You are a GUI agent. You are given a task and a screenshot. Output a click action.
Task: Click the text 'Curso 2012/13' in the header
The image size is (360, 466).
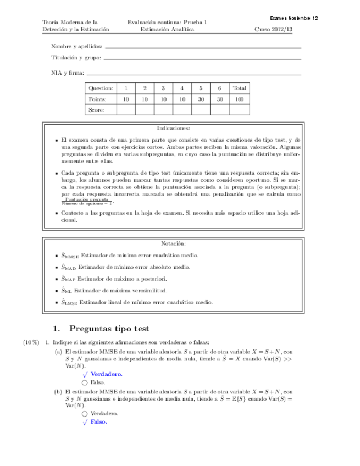tap(278, 30)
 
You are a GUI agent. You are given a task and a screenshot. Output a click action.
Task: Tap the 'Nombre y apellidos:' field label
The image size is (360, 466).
tap(76, 47)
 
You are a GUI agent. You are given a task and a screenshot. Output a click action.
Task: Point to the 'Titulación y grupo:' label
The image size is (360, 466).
tap(76, 57)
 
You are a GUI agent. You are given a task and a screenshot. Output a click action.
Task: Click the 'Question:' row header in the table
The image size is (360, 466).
tap(101, 88)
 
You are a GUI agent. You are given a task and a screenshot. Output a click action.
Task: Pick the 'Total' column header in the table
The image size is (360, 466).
tap(239, 88)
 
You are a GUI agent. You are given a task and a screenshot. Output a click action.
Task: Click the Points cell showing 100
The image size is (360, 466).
tap(239, 99)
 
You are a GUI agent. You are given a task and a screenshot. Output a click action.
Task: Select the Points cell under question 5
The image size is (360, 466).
tap(201, 99)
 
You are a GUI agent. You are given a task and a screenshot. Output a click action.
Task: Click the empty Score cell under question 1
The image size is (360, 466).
tap(126, 110)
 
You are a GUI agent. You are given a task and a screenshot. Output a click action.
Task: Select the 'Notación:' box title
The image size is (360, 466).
tap(173, 243)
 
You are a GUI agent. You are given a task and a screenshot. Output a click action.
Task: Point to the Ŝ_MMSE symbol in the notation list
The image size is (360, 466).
tap(70, 256)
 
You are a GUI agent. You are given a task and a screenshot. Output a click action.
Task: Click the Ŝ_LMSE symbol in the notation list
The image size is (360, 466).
tap(69, 302)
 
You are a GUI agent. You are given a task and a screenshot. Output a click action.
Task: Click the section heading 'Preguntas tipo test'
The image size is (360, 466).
tap(109, 329)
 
